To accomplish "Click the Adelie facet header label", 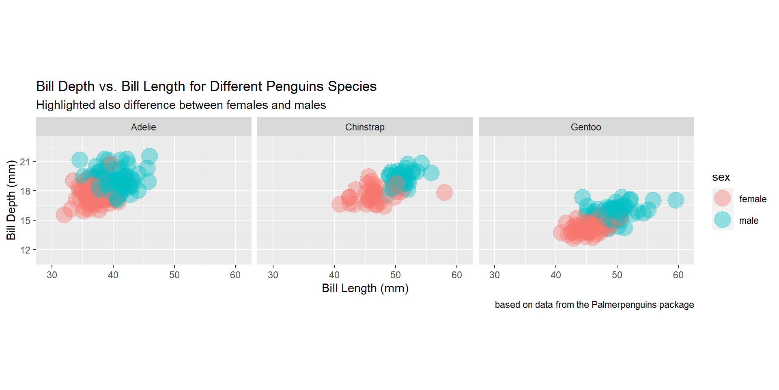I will tap(143, 127).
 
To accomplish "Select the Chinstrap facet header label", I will tap(365, 127).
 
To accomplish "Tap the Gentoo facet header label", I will tap(586, 127).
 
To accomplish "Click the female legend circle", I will tap(723, 198).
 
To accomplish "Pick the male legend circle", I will tap(723, 220).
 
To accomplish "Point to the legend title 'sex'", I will tap(721, 177).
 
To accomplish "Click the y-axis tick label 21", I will tap(25, 162).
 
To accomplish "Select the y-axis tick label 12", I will tap(25, 250).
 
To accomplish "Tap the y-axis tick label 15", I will tap(25, 221).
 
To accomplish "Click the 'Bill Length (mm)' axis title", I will tap(365, 288).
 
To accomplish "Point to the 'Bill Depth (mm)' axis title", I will tap(11, 200).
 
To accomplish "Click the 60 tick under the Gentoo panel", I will tap(678, 275).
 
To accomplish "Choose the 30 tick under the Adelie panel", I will tap(52, 275).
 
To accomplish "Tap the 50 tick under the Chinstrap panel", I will tap(396, 275).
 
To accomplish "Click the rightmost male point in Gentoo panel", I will tap(676, 200).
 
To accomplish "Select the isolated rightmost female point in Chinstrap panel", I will tap(444, 192).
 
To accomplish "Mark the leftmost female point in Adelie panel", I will tap(64, 214).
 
